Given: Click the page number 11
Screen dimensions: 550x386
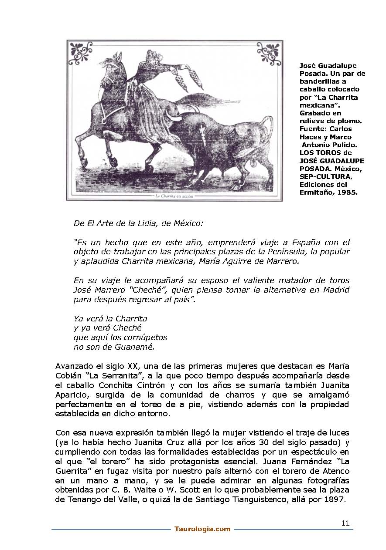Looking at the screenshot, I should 345,523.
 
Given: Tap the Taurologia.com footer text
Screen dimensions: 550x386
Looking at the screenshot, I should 202,529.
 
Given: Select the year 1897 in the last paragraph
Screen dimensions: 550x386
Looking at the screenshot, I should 336,500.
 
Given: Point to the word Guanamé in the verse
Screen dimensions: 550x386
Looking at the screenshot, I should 136,347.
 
